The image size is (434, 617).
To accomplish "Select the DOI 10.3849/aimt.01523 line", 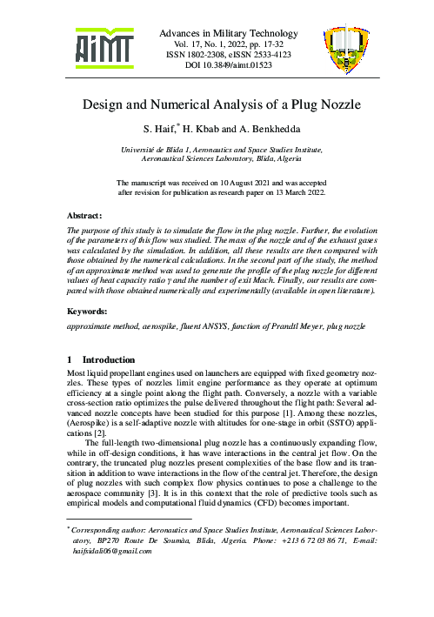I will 217,64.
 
